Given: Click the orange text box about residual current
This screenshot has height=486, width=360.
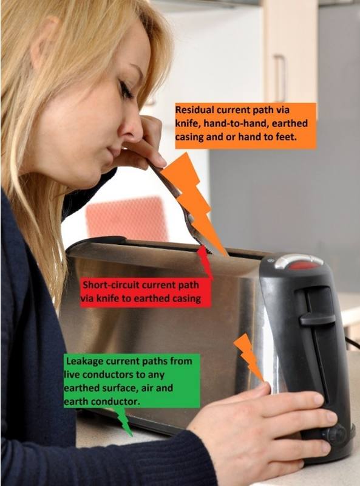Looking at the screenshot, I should (245, 126).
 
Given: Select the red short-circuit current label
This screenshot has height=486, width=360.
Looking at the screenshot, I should (145, 292).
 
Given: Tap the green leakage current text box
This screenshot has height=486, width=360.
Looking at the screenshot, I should (131, 381).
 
